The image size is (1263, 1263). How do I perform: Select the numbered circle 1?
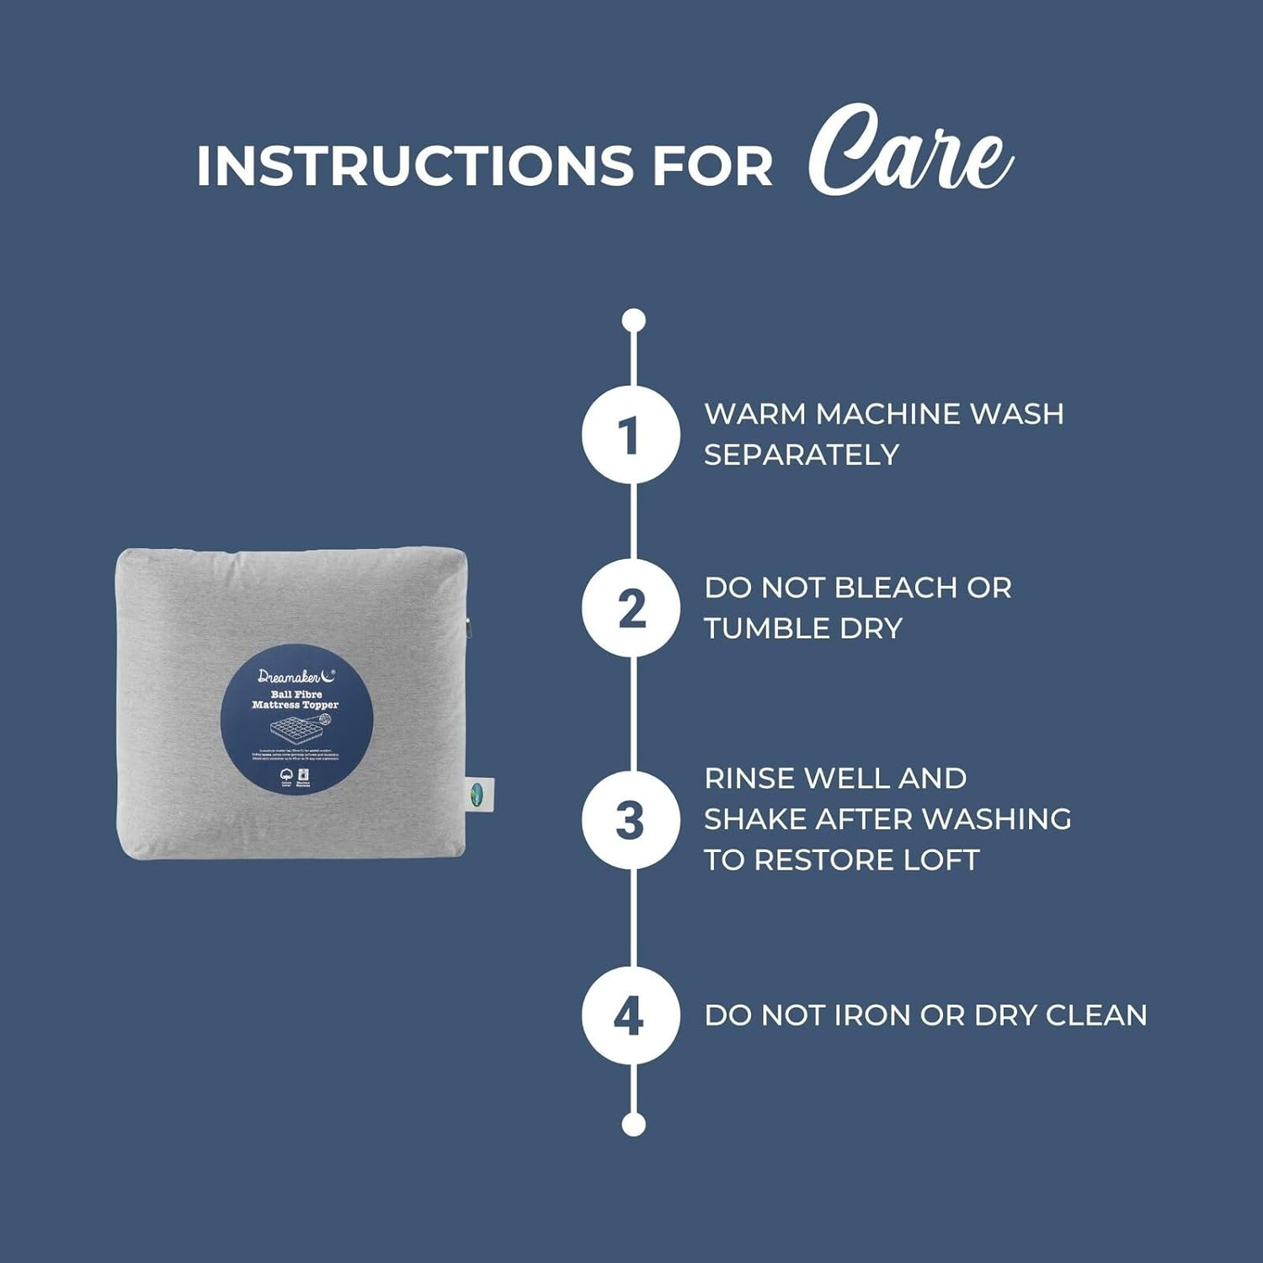631,435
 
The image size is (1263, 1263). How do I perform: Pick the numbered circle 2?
631,609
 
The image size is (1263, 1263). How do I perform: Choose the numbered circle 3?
631,820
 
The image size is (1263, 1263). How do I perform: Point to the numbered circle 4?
631,1015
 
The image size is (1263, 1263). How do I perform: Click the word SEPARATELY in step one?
802,456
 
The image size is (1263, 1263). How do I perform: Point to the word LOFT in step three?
941,861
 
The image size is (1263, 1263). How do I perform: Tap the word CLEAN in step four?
1095,1015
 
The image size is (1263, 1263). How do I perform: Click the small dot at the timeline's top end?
633,321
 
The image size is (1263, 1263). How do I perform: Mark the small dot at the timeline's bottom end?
633,1124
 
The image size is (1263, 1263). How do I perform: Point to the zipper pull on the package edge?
468,627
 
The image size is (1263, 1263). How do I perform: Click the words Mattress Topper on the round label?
296,706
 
